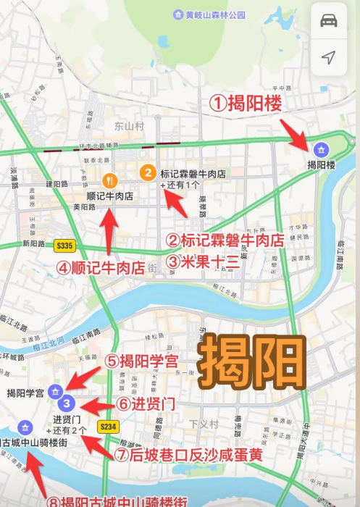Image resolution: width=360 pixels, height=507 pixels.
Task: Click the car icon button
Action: (x=328, y=20)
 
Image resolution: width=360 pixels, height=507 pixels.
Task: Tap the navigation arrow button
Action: (x=328, y=57)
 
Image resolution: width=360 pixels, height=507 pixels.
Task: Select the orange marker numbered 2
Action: (x=147, y=172)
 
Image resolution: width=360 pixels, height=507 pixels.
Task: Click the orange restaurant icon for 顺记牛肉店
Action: (x=109, y=180)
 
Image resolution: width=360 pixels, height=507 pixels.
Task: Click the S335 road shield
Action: (x=64, y=246)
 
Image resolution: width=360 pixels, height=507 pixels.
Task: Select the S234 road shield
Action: (x=109, y=427)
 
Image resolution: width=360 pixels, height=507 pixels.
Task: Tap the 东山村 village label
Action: (x=130, y=126)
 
